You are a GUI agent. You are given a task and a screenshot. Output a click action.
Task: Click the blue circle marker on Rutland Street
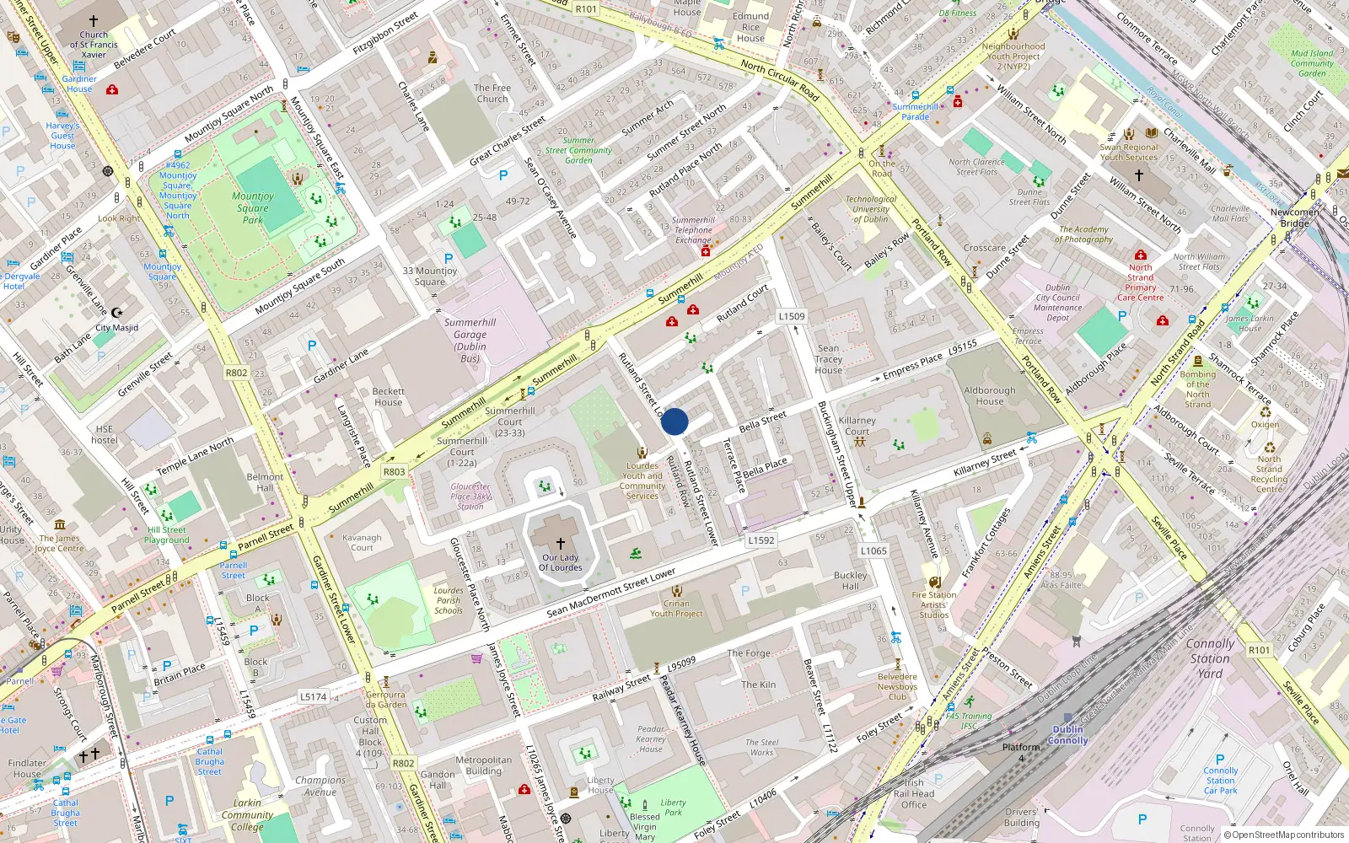tap(674, 421)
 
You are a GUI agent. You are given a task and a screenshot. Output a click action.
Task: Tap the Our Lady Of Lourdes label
tap(561, 562)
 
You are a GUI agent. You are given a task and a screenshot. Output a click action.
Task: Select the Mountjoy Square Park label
tap(253, 208)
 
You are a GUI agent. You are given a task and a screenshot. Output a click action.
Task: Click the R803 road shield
tap(394, 472)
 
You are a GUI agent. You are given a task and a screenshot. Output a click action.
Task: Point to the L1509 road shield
tap(792, 316)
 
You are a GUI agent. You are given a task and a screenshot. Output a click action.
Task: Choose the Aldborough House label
tap(990, 396)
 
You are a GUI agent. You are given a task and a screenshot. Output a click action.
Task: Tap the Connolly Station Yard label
tap(1210, 658)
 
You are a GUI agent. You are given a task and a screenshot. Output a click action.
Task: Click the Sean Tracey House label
tap(829, 359)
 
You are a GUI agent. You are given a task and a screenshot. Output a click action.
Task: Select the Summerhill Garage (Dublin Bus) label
tap(470, 341)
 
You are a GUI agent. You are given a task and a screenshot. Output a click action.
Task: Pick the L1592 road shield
tap(761, 540)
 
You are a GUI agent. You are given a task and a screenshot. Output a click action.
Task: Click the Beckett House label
tap(389, 397)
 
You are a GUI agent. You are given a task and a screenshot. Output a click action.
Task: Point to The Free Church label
tap(492, 93)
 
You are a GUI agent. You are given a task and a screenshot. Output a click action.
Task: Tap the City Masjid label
tap(117, 328)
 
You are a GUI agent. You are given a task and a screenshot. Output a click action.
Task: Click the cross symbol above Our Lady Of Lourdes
tap(561, 544)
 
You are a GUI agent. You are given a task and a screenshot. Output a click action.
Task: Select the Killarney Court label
tap(857, 426)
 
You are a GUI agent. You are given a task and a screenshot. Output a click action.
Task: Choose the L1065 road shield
tap(873, 550)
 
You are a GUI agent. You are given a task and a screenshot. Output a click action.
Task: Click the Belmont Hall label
tap(265, 482)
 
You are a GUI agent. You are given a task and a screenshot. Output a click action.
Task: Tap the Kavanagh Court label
tap(362, 542)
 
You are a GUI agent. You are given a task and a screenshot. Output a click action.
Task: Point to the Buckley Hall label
tap(850, 581)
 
